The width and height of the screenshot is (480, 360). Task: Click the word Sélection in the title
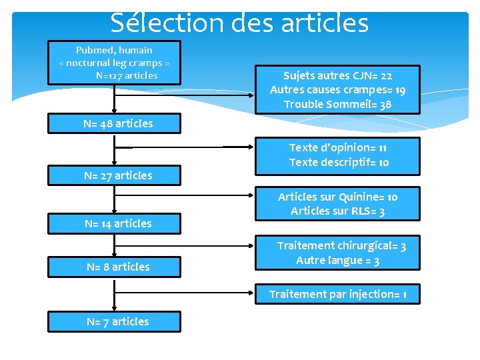tap(158, 23)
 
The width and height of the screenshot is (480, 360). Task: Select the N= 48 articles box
tap(114, 123)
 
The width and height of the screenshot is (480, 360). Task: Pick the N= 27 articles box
tap(114, 175)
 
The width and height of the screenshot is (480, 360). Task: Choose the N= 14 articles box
tap(114, 223)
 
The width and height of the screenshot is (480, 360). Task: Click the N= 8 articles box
tap(114, 267)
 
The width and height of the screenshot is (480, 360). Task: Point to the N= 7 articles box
tap(114, 321)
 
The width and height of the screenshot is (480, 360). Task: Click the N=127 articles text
tap(127, 75)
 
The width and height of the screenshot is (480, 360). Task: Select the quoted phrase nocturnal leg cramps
tap(114, 63)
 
